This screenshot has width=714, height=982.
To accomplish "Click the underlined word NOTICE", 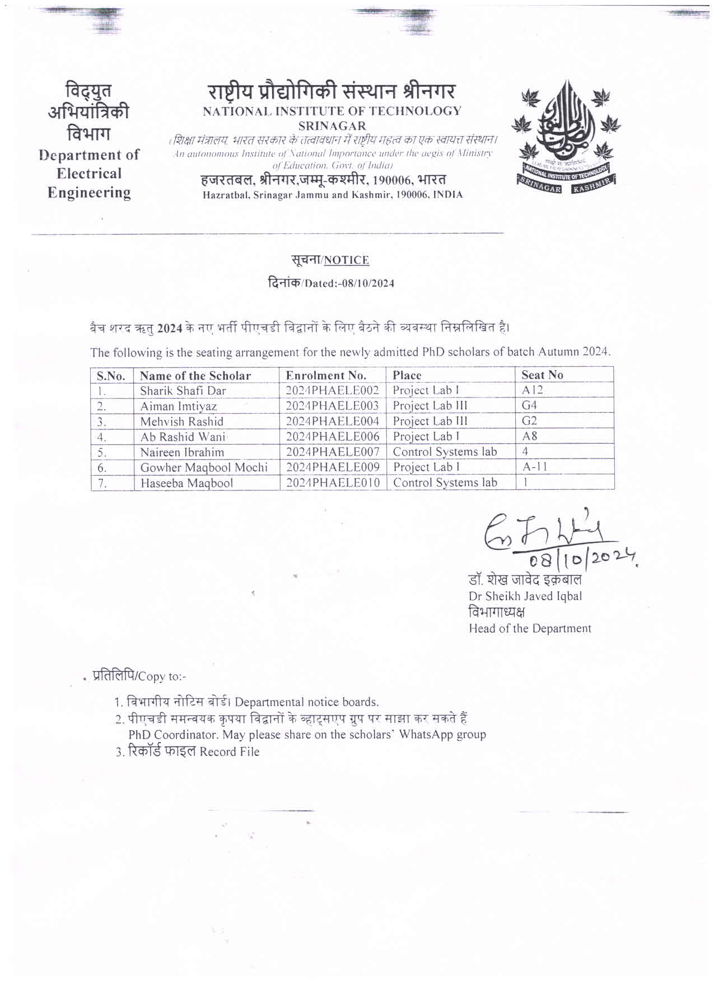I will [x=346, y=260].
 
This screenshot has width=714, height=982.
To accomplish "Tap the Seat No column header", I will [x=542, y=375].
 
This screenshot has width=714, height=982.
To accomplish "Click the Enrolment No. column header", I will [x=326, y=375].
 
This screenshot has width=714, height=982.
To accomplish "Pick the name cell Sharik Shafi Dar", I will [x=183, y=391].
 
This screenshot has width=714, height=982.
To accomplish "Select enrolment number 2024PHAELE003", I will [x=333, y=406].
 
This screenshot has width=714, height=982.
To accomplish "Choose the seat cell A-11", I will [x=535, y=467].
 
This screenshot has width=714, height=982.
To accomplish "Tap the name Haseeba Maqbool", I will [x=186, y=483].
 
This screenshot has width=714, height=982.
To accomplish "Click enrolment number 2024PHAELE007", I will [x=333, y=452].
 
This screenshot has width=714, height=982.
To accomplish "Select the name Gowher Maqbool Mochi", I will [x=204, y=467].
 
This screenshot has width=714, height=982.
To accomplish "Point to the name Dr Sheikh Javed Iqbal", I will [x=525, y=596].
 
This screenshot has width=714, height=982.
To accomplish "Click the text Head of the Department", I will [x=529, y=628].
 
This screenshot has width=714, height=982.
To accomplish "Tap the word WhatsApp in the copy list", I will [x=426, y=734].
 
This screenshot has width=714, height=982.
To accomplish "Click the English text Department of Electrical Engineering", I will [x=89, y=174].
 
